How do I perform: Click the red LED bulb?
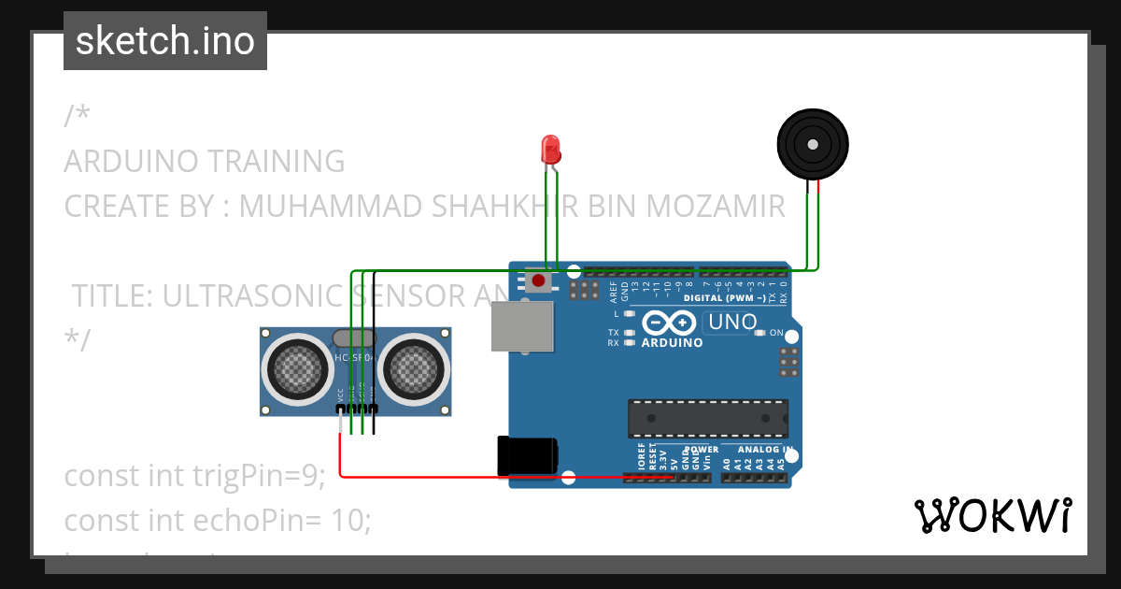[550, 148]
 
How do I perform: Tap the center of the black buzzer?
[813, 145]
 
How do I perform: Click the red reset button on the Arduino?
[538, 280]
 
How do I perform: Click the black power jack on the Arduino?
[528, 455]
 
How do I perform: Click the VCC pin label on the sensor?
[340, 396]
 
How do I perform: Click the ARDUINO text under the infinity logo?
[672, 343]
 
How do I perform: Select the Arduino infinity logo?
[669, 323]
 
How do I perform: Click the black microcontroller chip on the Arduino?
[707, 418]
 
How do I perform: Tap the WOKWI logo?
[992, 515]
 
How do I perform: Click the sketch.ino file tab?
[165, 41]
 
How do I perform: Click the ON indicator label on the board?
[776, 333]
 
